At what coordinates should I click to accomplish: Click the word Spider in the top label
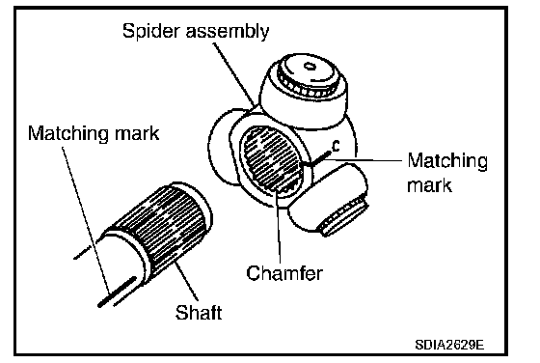152,32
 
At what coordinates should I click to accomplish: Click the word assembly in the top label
228,32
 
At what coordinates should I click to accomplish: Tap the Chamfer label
284,273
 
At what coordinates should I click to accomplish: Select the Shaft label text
199,313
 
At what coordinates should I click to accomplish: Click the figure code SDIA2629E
449,345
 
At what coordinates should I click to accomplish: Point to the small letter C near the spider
336,146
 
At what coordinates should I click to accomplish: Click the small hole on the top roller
309,66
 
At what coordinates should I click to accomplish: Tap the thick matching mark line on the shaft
117,292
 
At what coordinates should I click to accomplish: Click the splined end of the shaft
162,229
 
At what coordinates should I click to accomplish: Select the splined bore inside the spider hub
272,159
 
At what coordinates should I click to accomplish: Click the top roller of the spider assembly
303,91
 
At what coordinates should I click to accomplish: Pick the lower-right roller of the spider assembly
327,200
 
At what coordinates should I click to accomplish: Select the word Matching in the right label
447,161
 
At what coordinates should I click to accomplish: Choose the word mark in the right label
429,185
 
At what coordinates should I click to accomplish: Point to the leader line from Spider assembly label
234,74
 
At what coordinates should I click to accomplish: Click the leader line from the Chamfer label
278,227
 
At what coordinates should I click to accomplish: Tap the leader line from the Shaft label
186,281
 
